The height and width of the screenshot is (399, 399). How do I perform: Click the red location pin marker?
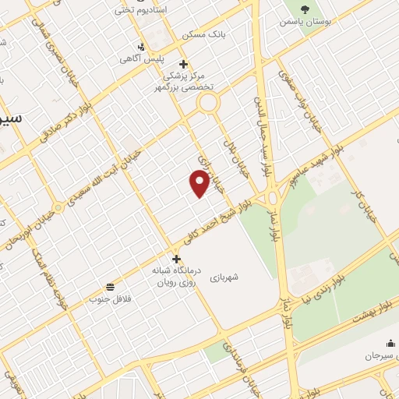pyautogui.click(x=199, y=182)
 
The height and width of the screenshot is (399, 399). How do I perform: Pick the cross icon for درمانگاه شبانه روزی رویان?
pyautogui.click(x=176, y=259)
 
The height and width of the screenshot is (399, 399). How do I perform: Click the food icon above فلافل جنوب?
pyautogui.click(x=110, y=287)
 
